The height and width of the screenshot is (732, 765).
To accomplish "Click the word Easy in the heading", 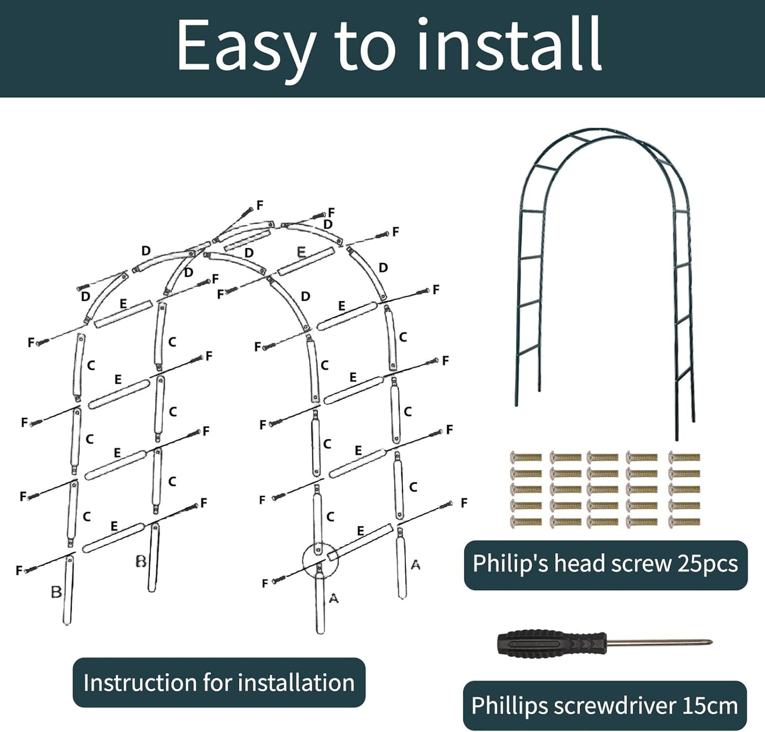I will pyautogui.click(x=245, y=47).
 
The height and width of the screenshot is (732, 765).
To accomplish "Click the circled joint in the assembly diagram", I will pyautogui.click(x=320, y=560).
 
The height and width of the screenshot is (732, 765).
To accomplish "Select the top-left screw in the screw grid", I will pyautogui.click(x=526, y=457).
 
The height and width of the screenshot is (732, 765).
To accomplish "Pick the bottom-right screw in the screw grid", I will pyautogui.click(x=684, y=522).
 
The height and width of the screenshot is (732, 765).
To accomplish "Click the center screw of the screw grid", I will pyautogui.click(x=602, y=489).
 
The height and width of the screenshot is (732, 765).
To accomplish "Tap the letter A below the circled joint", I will pyautogui.click(x=334, y=598).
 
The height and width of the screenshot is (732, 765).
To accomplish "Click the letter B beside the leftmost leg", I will pyautogui.click(x=56, y=592).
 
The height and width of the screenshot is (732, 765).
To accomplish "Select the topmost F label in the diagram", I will pyautogui.click(x=259, y=205).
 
